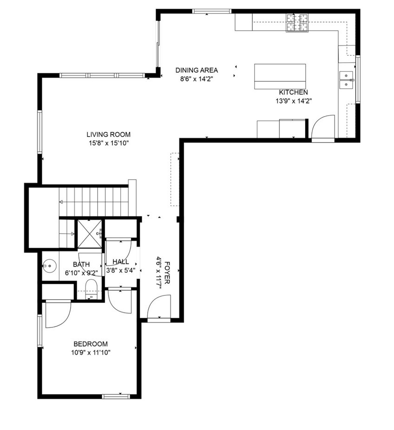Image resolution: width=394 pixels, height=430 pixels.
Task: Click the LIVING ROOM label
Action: pyautogui.click(x=108, y=134)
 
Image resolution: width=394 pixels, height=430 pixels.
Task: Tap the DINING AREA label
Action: pyautogui.click(x=197, y=70)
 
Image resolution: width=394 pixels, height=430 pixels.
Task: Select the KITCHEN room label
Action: pyautogui.click(x=293, y=92)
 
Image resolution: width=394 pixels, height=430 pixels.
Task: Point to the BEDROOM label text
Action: pyautogui.click(x=91, y=344)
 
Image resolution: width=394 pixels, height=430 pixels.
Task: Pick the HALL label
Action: pyautogui.click(x=121, y=261)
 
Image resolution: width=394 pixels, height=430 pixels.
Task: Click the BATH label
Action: pyautogui.click(x=81, y=264)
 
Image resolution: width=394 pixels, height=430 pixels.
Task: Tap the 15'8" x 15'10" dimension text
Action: pyautogui.click(x=109, y=143)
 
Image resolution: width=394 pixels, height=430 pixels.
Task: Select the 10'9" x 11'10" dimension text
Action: pyautogui.click(x=91, y=352)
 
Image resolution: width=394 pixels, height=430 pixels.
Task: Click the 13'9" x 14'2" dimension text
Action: pyautogui.click(x=294, y=101)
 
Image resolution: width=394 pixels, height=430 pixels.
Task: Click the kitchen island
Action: pyautogui.click(x=280, y=77)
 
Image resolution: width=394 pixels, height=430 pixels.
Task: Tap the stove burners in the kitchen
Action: pyautogui.click(x=297, y=23)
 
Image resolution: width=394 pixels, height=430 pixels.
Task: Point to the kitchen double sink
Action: pyautogui.click(x=346, y=80)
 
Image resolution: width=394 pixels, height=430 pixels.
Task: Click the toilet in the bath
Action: pyautogui.click(x=91, y=289)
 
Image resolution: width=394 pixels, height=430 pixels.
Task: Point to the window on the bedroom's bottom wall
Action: pyautogui.click(x=116, y=396)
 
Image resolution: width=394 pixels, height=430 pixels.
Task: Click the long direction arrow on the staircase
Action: pyautogui.click(x=93, y=202)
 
